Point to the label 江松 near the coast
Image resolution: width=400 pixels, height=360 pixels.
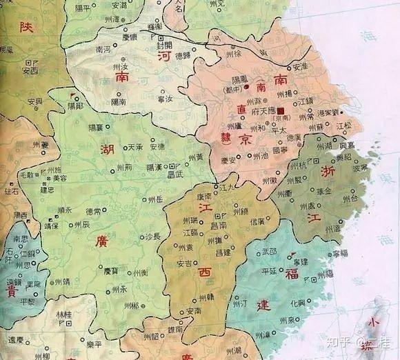pyautogui.click(x=343, y=126)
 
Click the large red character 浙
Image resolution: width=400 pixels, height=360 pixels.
pyautogui.click(x=328, y=169)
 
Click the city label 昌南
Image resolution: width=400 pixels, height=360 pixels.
pyautogui.click(x=219, y=226)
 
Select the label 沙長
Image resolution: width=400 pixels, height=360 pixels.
pyautogui.click(x=152, y=236)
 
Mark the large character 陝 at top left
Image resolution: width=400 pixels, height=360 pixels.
pyautogui.click(x=26, y=28)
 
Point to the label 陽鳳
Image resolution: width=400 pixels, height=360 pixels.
pyautogui.click(x=240, y=79)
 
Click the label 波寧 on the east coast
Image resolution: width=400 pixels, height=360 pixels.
pyautogui.click(x=359, y=168)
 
